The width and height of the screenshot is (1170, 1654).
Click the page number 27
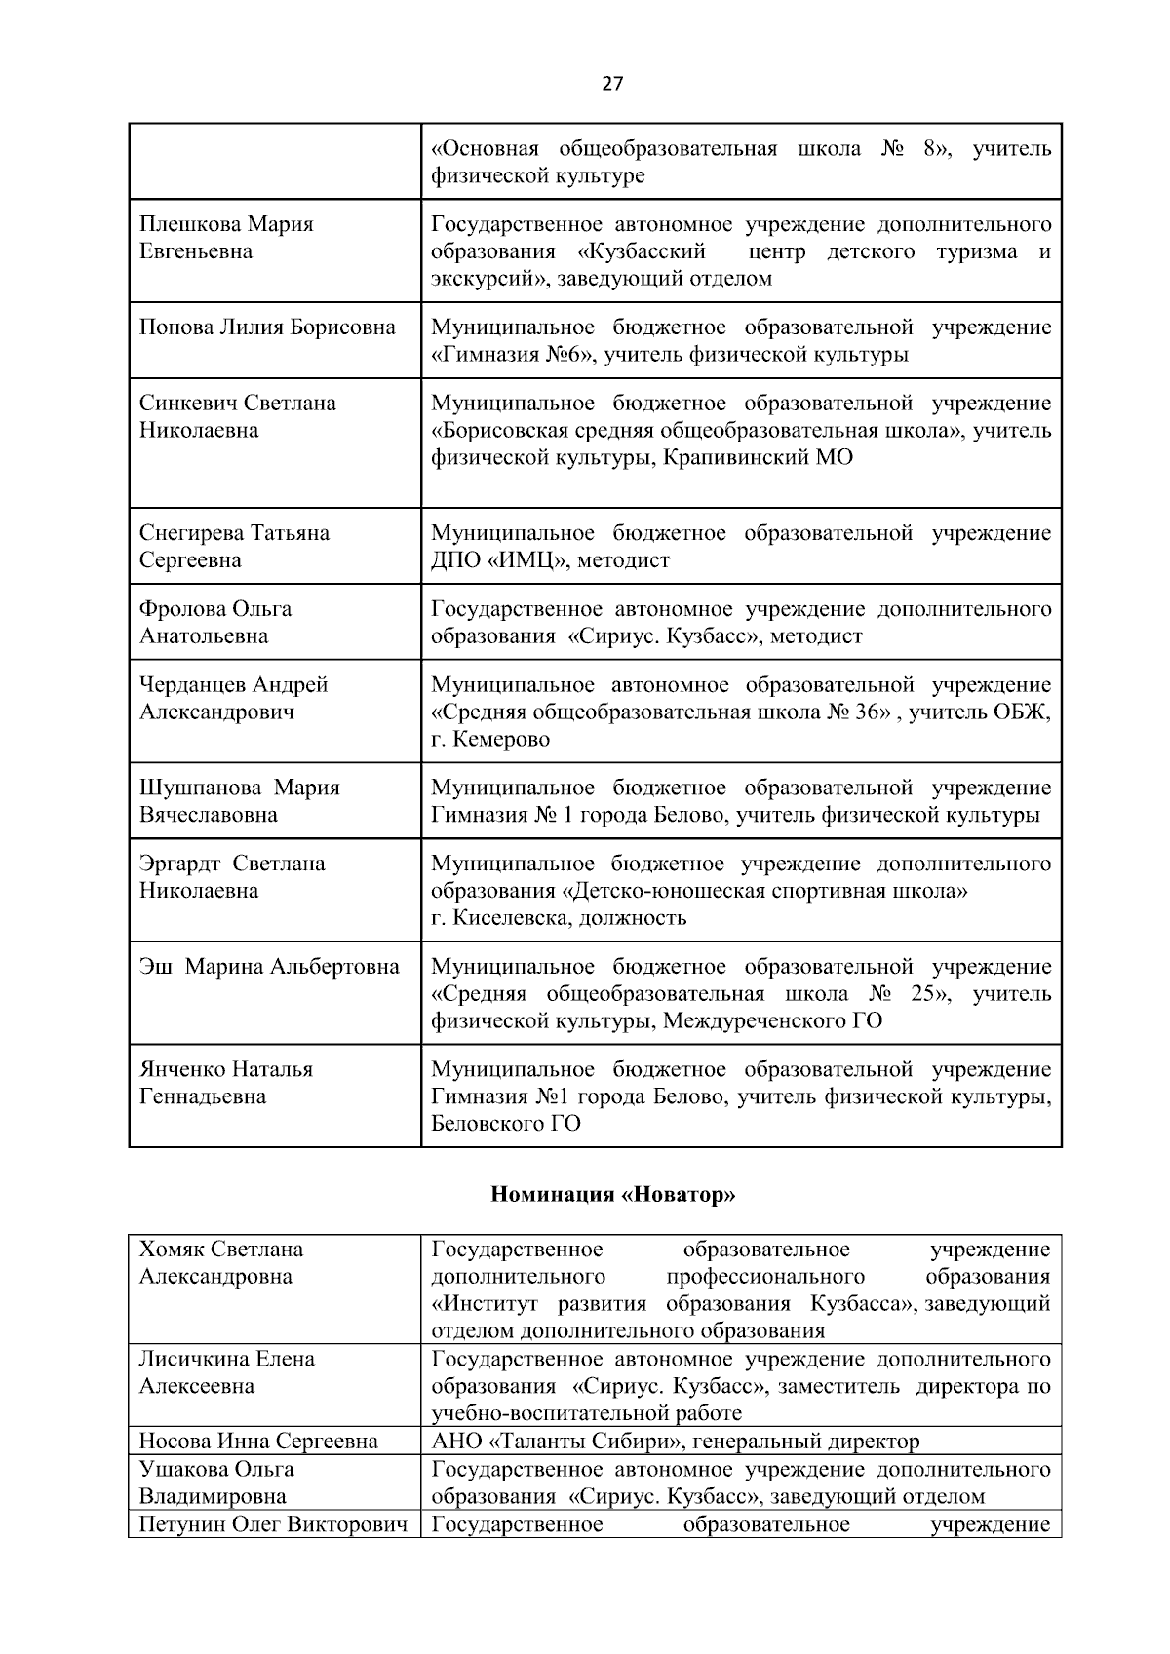(611, 84)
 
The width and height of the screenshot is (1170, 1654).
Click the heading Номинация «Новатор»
(611, 1194)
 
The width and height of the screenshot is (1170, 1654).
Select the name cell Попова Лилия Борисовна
(267, 327)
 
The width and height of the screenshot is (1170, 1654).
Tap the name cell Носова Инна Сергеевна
(258, 1442)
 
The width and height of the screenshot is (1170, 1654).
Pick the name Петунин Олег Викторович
(273, 1523)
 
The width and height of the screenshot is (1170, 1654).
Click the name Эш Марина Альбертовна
(269, 967)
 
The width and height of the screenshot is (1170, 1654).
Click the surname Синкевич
(187, 404)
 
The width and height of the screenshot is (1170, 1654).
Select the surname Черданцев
(193, 685)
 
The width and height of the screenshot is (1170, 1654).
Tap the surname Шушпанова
(200, 788)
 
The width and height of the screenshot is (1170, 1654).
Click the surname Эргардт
(179, 864)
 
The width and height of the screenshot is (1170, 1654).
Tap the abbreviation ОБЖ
(1020, 712)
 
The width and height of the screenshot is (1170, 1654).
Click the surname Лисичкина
(193, 1359)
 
